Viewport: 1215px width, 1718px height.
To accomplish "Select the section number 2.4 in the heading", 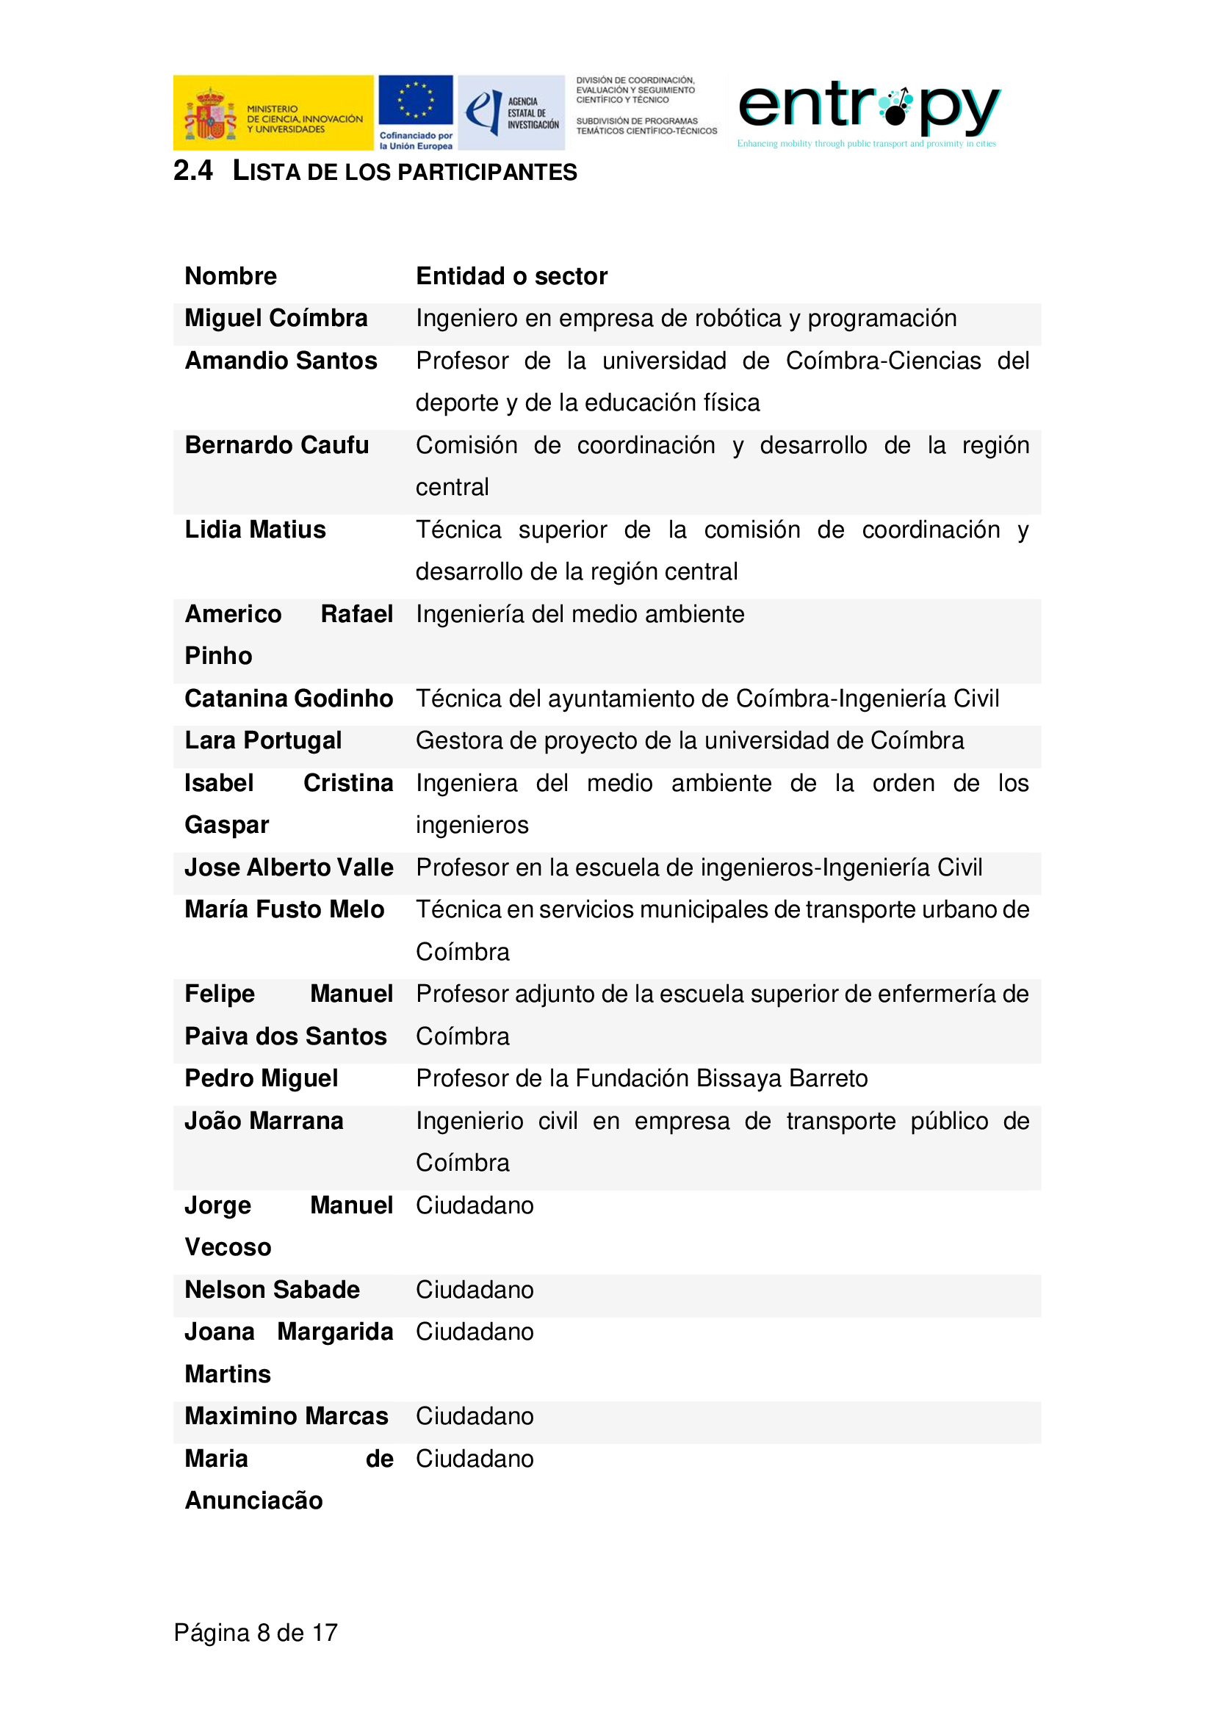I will point(192,171).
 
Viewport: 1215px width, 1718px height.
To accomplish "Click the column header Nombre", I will point(231,276).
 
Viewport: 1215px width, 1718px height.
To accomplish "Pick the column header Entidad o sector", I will point(512,276).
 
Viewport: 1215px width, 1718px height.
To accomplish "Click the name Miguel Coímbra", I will point(276,318).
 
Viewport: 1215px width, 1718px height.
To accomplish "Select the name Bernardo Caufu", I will point(277,445).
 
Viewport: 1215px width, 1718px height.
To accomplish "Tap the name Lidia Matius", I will point(255,530).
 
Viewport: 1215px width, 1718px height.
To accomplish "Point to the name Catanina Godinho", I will point(289,698).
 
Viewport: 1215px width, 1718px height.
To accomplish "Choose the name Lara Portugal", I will point(264,740).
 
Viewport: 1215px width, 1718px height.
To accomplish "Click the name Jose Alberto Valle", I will point(289,867).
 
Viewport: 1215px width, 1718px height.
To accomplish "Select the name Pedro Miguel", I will point(261,1078).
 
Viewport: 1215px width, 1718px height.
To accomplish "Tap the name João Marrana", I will point(264,1121).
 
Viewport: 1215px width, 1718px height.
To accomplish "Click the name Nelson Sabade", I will point(273,1290).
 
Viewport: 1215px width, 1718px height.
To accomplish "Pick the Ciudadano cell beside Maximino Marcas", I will point(475,1416).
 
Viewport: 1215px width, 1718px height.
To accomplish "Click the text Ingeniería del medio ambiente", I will point(580,614).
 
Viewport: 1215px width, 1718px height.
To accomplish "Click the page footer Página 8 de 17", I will point(256,1633).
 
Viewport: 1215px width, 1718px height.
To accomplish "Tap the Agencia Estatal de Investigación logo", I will point(512,112).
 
